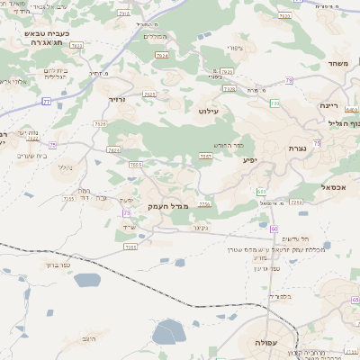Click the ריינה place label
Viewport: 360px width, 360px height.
328,105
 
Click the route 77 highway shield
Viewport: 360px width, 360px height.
45,102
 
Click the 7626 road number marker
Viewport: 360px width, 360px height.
100,124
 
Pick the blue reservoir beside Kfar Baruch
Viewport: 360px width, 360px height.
85,279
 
